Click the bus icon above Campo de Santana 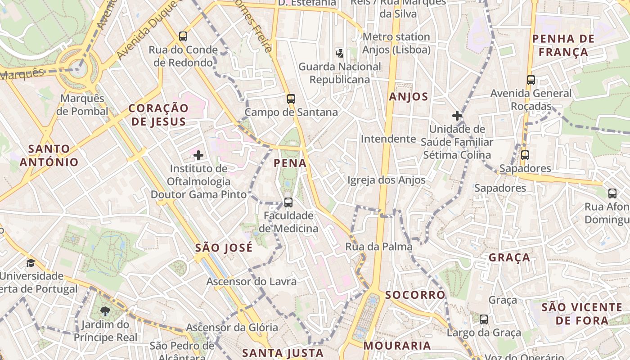point(291,99)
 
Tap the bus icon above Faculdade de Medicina point(288,202)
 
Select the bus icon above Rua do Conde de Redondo point(183,36)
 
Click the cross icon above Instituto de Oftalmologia point(198,155)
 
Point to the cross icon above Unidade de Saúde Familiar point(457,116)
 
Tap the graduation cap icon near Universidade point(31,263)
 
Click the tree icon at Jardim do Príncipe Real point(105,311)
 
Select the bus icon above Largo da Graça point(484,319)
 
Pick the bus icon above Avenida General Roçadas point(531,80)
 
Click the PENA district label point(290,163)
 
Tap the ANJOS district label point(409,97)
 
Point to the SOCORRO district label point(415,295)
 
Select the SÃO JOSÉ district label point(224,247)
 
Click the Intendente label point(388,139)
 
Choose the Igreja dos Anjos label point(386,180)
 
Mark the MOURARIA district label point(397,346)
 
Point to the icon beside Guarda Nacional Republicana point(339,54)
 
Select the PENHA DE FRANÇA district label point(563,45)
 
